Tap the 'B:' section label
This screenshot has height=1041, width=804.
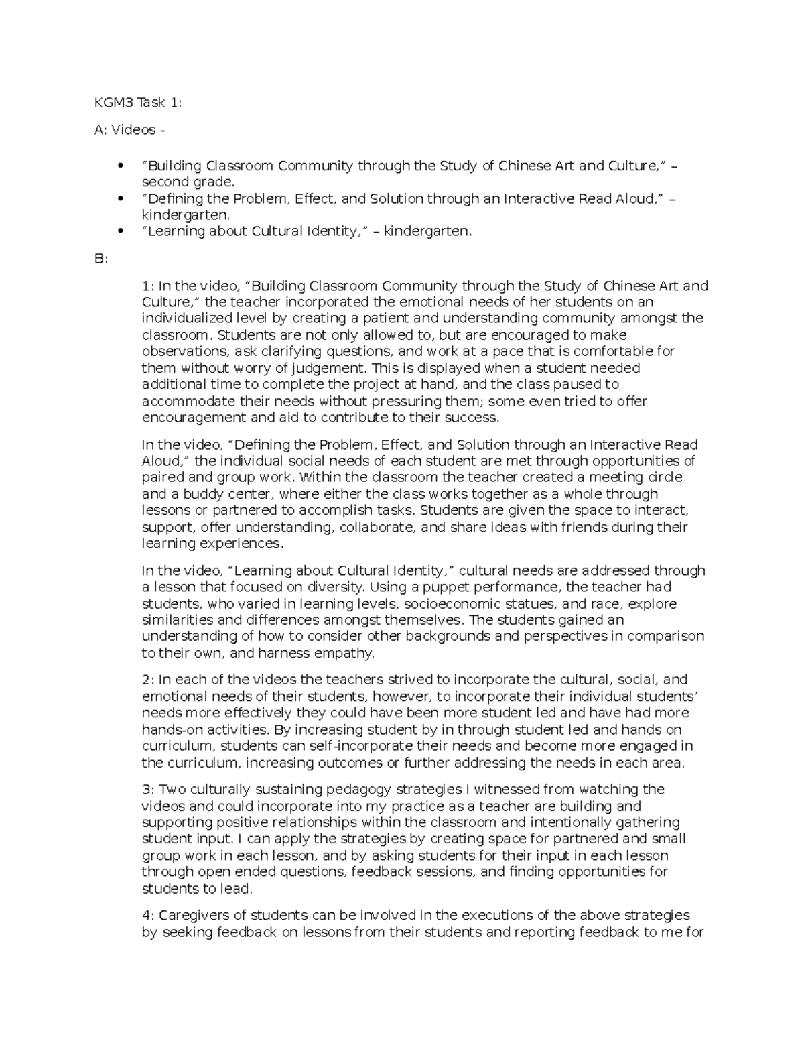point(101,259)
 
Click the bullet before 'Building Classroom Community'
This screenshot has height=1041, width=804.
point(121,166)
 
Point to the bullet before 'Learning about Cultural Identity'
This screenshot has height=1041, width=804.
point(121,231)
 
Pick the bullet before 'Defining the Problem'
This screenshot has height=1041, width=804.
point(121,198)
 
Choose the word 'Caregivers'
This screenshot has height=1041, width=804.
point(191,916)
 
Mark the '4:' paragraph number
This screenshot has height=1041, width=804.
point(148,916)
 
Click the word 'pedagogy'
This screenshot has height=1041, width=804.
point(362,790)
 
